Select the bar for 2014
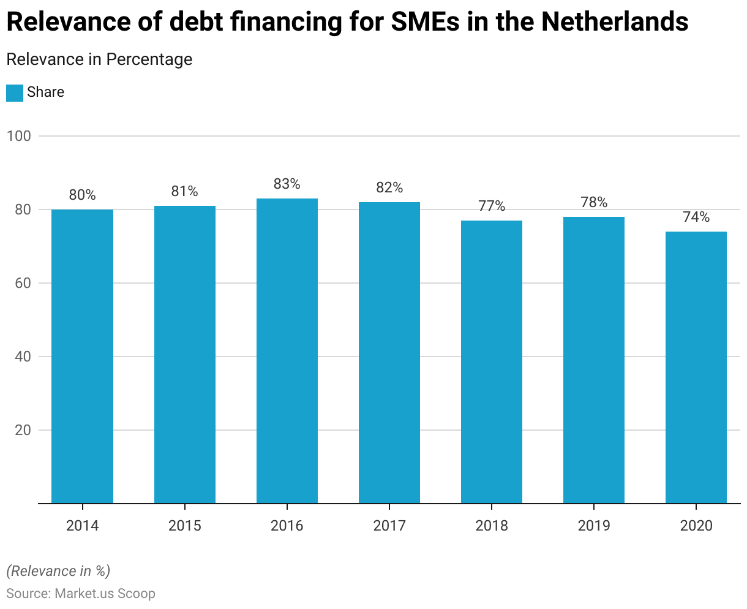[x=82, y=356]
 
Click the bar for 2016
[x=287, y=350]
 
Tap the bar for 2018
[x=491, y=361]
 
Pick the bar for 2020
[x=696, y=367]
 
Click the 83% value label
[x=287, y=184]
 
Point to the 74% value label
[x=696, y=217]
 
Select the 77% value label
[x=491, y=206]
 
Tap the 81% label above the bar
[x=184, y=191]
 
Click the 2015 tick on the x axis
[x=184, y=525]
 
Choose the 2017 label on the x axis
[x=389, y=525]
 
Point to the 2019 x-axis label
[x=593, y=525]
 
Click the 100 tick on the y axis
[x=19, y=136]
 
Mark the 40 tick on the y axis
[x=22, y=357]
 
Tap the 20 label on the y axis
[x=22, y=430]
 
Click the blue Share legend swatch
[x=15, y=93]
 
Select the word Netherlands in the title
[x=615, y=23]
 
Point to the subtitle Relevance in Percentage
[x=99, y=59]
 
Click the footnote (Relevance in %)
[x=58, y=571]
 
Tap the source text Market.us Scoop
[x=105, y=594]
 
